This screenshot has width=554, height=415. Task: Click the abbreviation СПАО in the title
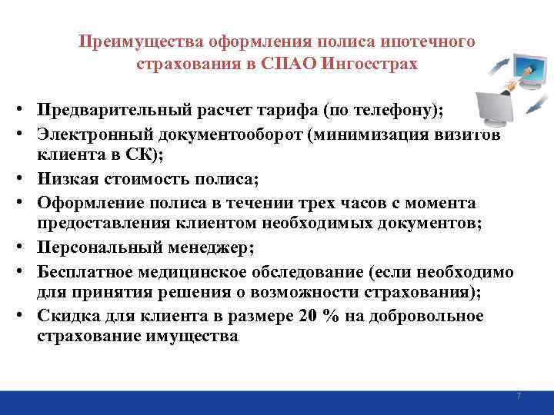click(x=299, y=63)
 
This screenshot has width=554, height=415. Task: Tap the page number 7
click(x=519, y=396)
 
